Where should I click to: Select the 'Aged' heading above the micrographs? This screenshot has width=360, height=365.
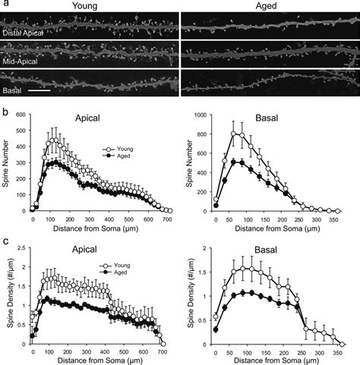[x=269, y=5]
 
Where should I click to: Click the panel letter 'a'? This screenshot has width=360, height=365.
[x=5, y=5]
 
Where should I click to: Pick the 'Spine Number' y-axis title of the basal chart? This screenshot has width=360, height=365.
[x=187, y=162]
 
